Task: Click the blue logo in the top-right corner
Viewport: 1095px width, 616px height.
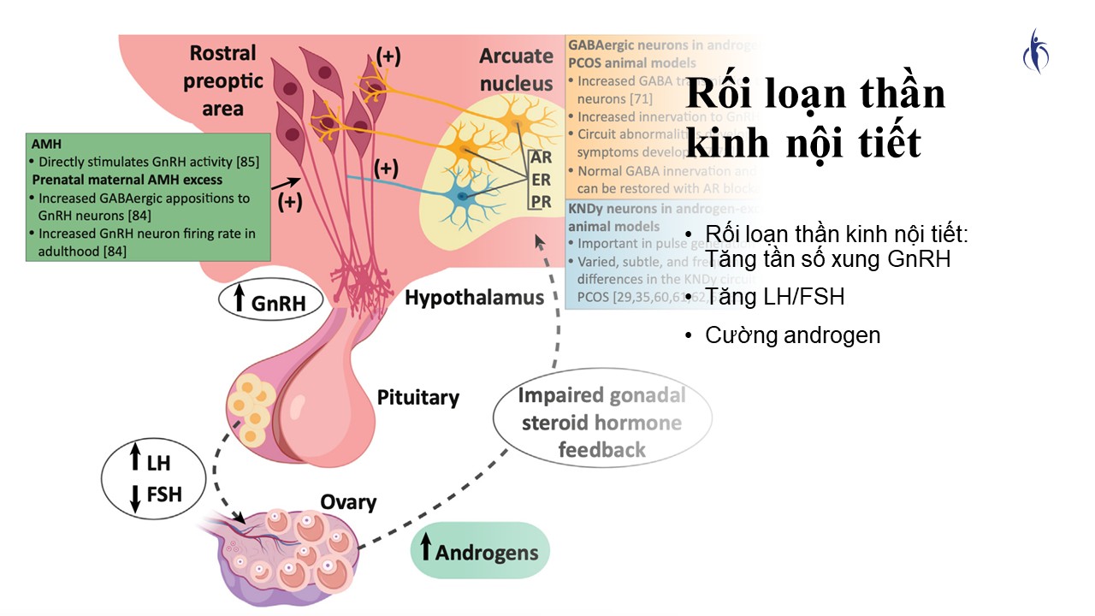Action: [x=1036, y=50]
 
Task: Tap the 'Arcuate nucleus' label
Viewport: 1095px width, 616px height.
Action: [x=516, y=69]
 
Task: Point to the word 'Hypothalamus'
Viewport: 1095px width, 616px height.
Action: [x=474, y=298]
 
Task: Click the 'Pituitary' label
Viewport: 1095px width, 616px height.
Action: [x=418, y=397]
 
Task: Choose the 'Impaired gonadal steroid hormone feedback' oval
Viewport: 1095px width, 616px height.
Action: [x=602, y=423]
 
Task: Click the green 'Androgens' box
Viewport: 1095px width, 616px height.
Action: [x=480, y=551]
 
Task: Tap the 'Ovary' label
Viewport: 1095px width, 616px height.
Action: [x=348, y=501]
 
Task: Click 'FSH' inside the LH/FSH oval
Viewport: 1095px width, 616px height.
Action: [x=163, y=494]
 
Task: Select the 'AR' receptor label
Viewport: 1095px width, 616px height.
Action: [x=541, y=157]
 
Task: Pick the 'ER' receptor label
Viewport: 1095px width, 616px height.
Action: [x=541, y=181]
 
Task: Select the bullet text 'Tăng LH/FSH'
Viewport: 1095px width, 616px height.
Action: [x=775, y=297]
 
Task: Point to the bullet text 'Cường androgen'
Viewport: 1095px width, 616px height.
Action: [x=792, y=335]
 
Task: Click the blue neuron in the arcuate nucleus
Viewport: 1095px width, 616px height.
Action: [x=463, y=196]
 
